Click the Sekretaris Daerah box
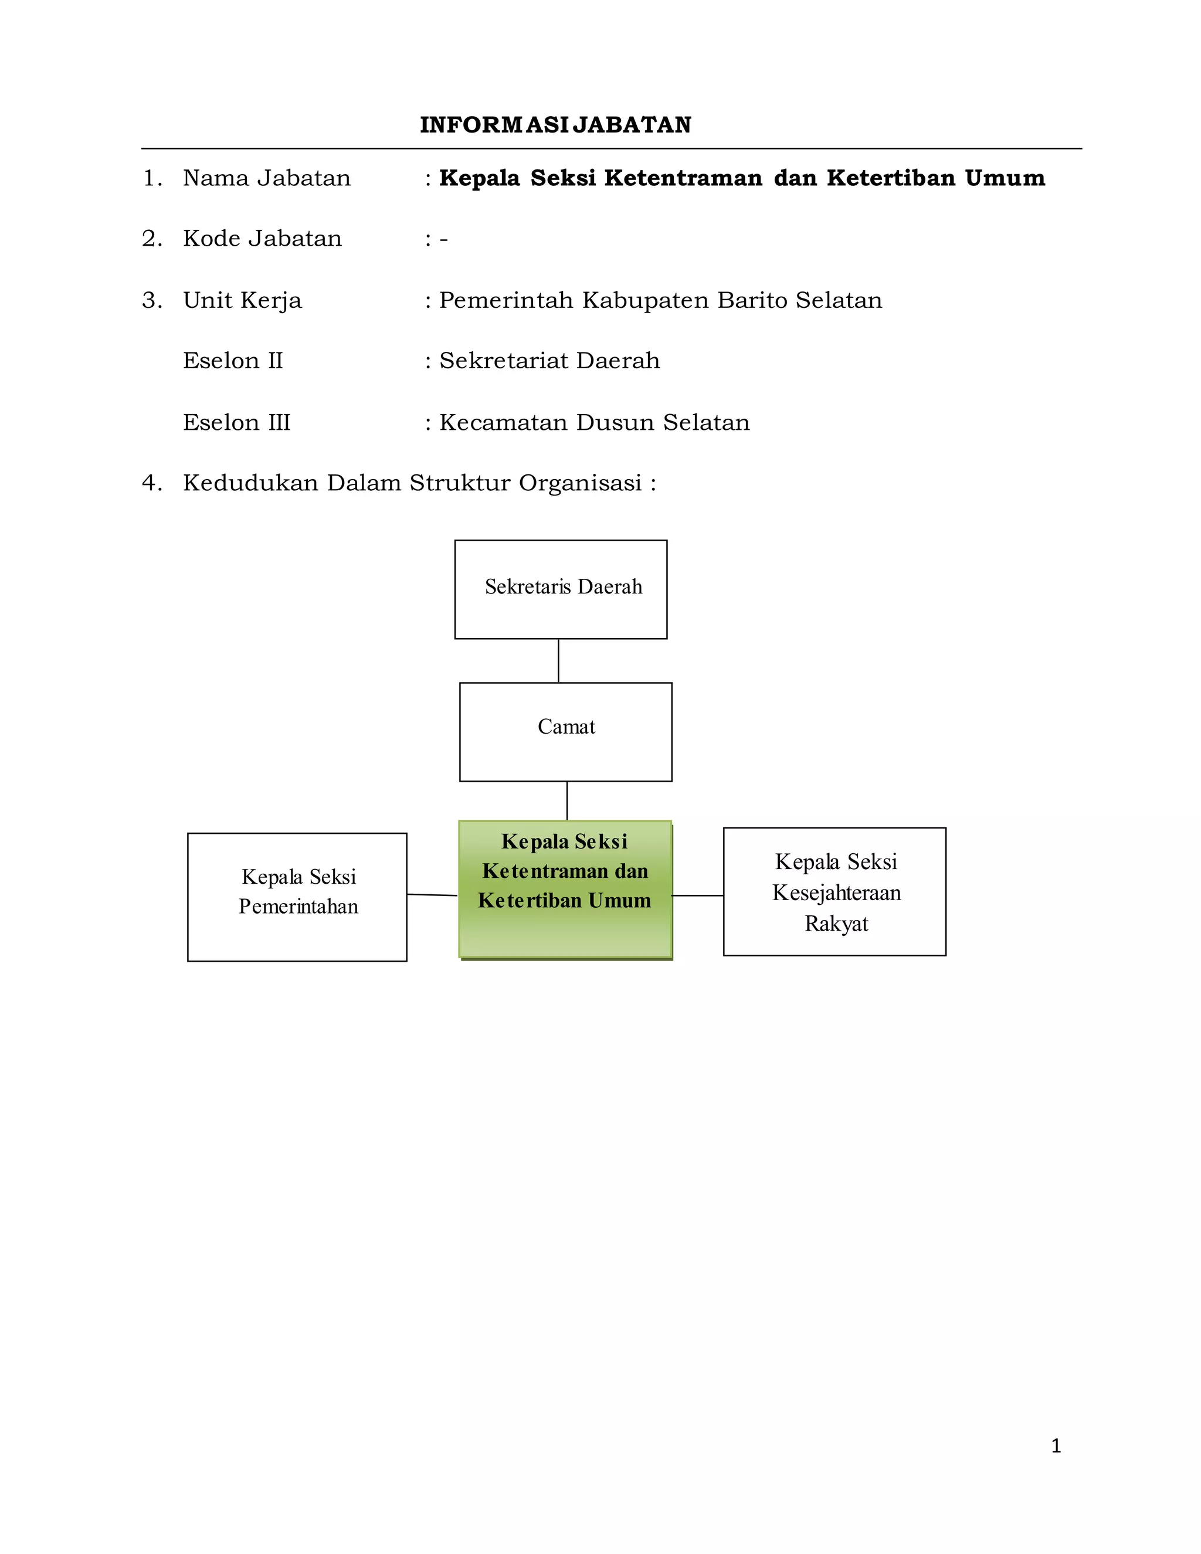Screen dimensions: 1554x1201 (x=561, y=589)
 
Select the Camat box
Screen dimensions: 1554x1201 (x=566, y=731)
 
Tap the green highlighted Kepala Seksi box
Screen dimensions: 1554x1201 (x=565, y=890)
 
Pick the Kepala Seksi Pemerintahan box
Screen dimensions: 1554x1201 (x=297, y=897)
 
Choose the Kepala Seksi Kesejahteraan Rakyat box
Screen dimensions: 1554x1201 (x=834, y=891)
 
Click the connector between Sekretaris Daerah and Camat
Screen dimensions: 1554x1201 (x=558, y=660)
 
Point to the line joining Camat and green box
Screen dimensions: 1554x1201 (x=567, y=800)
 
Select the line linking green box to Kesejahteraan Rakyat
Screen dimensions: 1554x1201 (x=697, y=895)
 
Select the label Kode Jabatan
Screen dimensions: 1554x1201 (x=263, y=238)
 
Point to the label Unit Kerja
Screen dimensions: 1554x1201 (x=243, y=300)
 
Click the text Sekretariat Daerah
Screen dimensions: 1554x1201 (x=549, y=361)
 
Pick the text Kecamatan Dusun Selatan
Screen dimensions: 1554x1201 (x=594, y=423)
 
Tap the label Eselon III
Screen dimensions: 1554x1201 (x=237, y=423)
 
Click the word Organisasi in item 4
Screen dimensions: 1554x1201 (x=580, y=483)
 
